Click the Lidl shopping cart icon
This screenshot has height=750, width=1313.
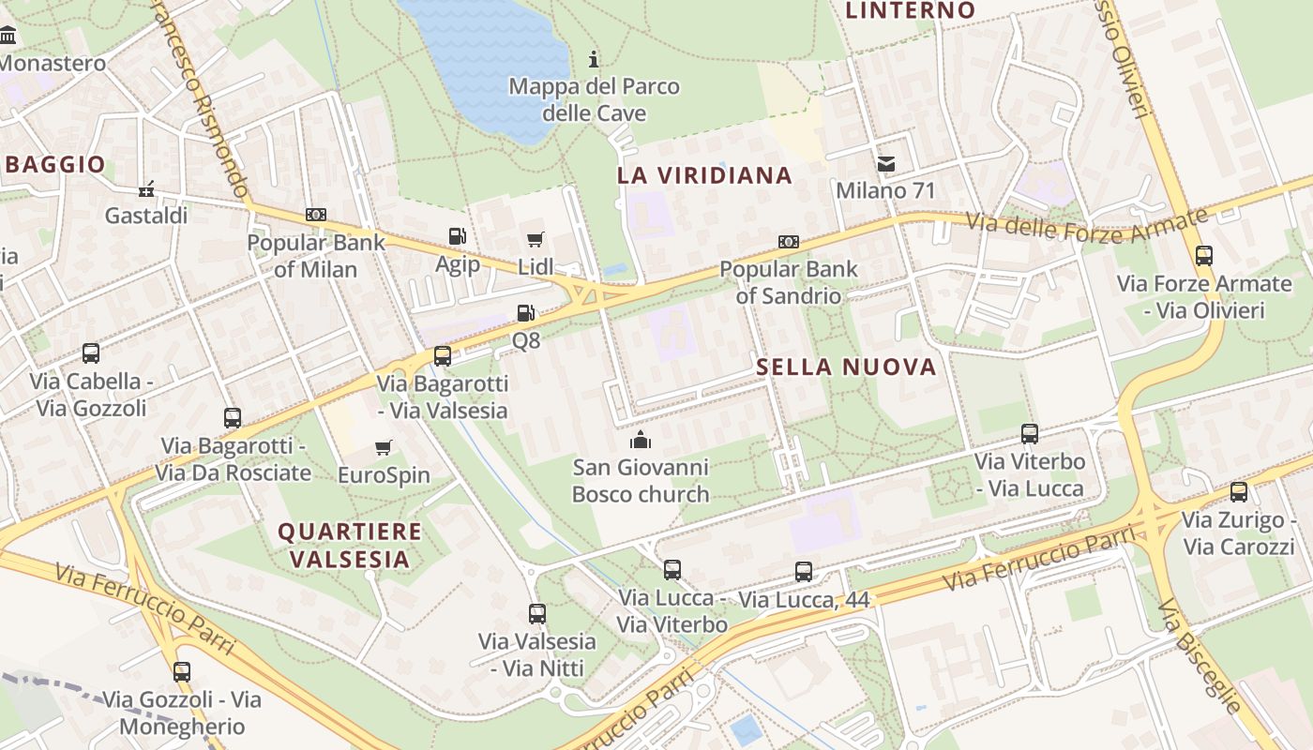pyautogui.click(x=536, y=239)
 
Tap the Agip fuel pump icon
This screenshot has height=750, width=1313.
pyautogui.click(x=458, y=237)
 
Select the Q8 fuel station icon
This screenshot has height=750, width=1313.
pyautogui.click(x=526, y=313)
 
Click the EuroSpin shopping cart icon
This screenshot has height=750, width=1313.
pyautogui.click(x=383, y=448)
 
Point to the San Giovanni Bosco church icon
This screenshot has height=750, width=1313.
pyautogui.click(x=641, y=440)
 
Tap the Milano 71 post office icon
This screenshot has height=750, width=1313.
pyautogui.click(x=885, y=164)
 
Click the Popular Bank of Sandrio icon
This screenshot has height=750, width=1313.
pyautogui.click(x=789, y=242)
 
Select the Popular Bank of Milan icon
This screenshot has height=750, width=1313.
pyautogui.click(x=316, y=215)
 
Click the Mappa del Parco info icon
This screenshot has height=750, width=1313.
pyautogui.click(x=594, y=60)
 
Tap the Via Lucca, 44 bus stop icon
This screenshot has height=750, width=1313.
pyautogui.click(x=804, y=572)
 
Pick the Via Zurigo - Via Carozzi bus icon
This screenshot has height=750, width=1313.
pyautogui.click(x=1239, y=492)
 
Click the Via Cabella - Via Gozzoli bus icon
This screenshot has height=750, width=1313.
pyautogui.click(x=91, y=353)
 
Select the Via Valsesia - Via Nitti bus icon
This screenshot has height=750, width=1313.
pyautogui.click(x=537, y=614)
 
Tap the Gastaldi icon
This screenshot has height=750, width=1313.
pyautogui.click(x=146, y=189)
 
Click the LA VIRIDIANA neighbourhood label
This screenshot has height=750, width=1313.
pyautogui.click(x=704, y=175)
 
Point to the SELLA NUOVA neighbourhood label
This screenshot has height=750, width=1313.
pyautogui.click(x=846, y=367)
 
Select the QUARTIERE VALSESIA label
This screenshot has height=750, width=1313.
pyautogui.click(x=350, y=546)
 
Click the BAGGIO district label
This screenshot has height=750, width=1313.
pyautogui.click(x=55, y=165)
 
